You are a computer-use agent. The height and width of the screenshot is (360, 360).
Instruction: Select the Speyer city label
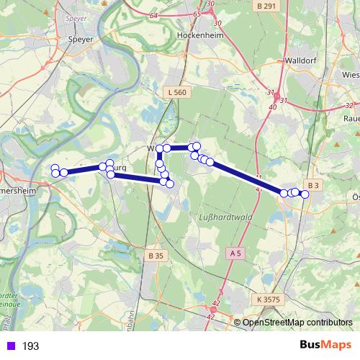80,40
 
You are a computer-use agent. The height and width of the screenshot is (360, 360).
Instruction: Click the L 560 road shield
176,92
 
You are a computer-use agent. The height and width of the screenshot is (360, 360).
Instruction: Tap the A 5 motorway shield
235,253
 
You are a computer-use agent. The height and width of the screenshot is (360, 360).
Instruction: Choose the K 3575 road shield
268,298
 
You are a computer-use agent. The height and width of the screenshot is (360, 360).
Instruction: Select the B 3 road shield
312,185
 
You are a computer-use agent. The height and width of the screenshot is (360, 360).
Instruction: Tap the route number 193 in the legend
30,346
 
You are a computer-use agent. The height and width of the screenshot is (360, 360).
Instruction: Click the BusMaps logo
326,346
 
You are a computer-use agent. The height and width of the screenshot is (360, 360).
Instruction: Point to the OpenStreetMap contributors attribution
297,322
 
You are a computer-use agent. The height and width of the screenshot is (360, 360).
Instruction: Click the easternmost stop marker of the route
305,194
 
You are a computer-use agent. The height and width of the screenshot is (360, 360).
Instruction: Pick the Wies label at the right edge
351,74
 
